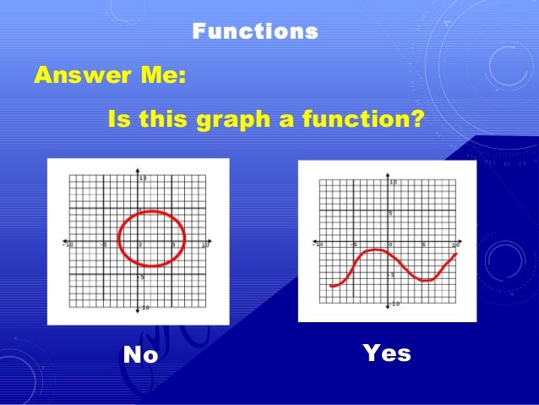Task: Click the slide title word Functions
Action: click(255, 32)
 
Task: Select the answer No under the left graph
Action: click(140, 355)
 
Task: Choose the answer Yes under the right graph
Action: click(386, 353)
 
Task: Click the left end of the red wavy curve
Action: click(331, 286)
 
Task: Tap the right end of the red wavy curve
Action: click(456, 254)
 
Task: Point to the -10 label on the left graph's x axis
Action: click(68, 246)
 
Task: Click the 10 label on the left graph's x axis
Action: click(204, 246)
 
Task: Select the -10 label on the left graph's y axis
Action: click(144, 308)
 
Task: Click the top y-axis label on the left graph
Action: click(144, 178)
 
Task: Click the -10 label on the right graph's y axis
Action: click(395, 304)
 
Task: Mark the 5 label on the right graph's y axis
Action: click(391, 214)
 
